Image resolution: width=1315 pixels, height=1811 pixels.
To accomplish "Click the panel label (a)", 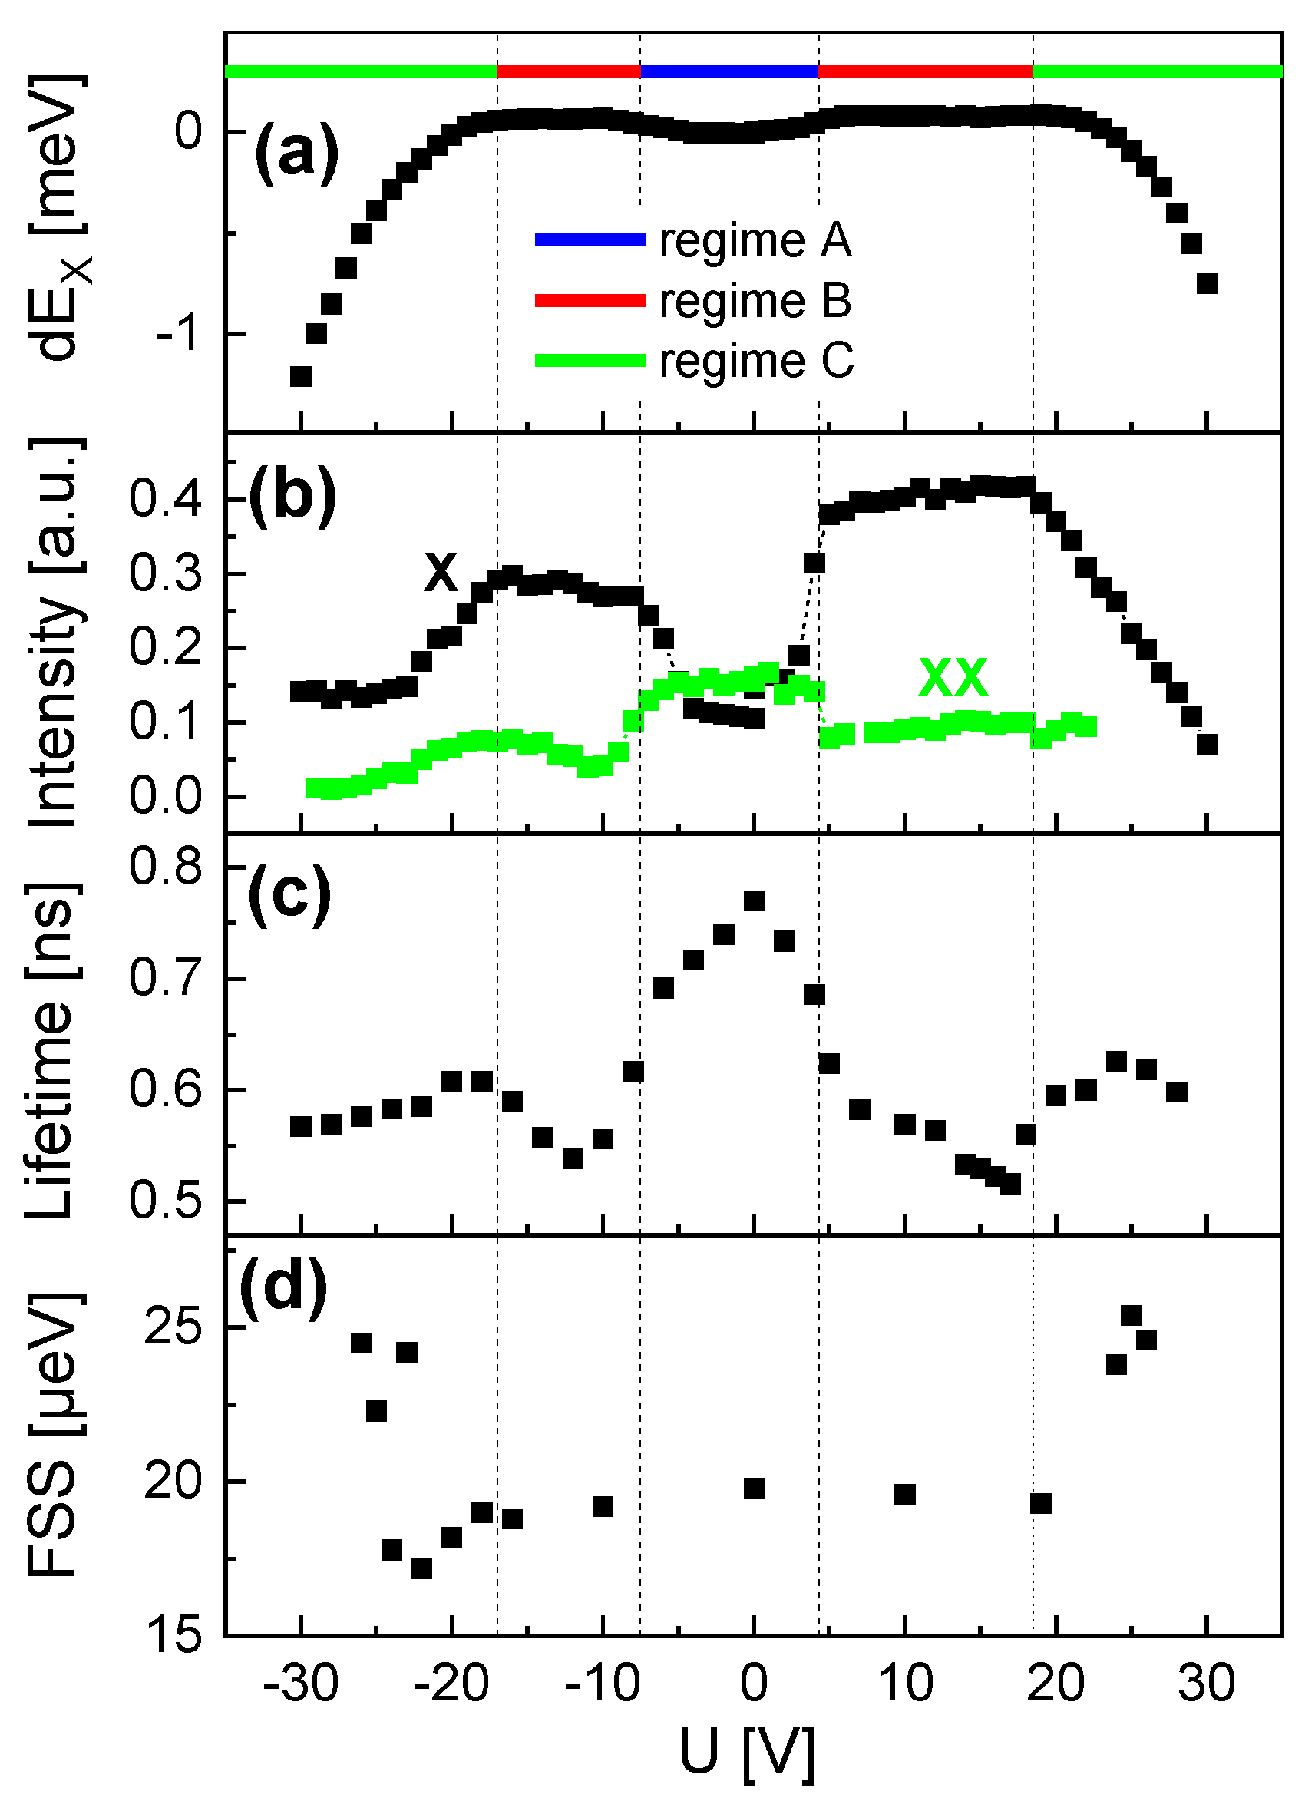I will coord(296,154).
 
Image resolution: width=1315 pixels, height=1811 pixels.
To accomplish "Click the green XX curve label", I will coord(953,677).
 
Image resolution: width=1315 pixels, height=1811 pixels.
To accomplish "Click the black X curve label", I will coord(441,572).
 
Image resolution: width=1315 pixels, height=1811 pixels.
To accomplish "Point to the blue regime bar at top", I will coord(729,71).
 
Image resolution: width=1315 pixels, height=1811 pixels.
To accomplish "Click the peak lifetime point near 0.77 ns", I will coord(754,901).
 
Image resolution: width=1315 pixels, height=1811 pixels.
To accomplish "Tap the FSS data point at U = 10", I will coord(904,1494).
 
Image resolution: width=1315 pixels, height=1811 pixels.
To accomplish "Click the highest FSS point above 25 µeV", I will coord(1132,1315).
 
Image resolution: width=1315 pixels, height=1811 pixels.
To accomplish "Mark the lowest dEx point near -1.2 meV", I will coord(300,376).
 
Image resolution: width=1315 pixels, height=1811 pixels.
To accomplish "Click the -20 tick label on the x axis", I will coord(453,1684).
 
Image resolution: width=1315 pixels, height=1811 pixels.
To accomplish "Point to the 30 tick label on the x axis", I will coord(1207,1684).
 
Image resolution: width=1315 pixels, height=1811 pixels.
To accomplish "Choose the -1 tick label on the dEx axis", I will coord(178,333).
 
